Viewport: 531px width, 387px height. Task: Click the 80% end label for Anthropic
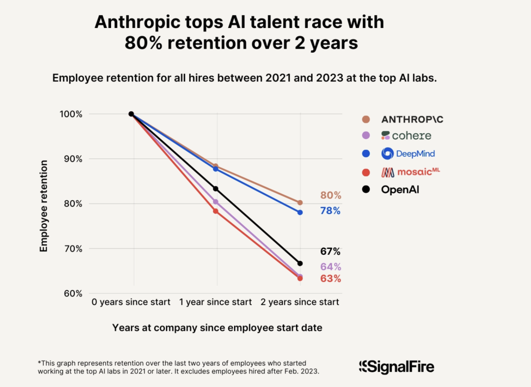click(x=330, y=195)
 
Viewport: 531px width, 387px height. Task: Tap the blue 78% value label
click(x=330, y=211)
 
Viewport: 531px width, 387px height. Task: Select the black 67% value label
click(x=330, y=251)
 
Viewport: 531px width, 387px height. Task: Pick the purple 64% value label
click(x=330, y=267)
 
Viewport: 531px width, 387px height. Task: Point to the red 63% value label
click(x=330, y=279)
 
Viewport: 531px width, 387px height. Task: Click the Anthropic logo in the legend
click(x=412, y=119)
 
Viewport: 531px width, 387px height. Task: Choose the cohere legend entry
click(x=406, y=136)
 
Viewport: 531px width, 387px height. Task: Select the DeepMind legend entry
click(x=408, y=153)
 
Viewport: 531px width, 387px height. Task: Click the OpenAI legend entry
click(x=400, y=189)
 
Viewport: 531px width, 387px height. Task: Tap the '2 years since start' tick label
click(x=300, y=302)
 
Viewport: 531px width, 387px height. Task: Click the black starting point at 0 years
click(x=131, y=114)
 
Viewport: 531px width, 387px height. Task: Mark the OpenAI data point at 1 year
click(x=215, y=189)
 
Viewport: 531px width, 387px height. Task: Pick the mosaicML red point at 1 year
click(x=215, y=211)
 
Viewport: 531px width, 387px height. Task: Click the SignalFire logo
click(x=396, y=366)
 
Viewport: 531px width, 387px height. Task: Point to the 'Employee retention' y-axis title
click(x=44, y=206)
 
